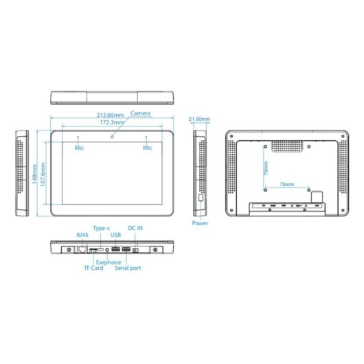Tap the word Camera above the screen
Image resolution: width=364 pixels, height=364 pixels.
point(141,113)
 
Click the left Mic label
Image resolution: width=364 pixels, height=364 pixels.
point(79,147)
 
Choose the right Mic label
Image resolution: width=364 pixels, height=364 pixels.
point(148,147)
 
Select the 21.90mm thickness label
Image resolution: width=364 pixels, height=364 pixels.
point(199,120)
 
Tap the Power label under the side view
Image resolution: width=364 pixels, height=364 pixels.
point(200,223)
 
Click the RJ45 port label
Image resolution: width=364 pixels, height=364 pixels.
point(82,235)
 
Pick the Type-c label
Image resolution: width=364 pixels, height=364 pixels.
point(101,227)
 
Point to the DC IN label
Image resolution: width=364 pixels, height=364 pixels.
point(137,227)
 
